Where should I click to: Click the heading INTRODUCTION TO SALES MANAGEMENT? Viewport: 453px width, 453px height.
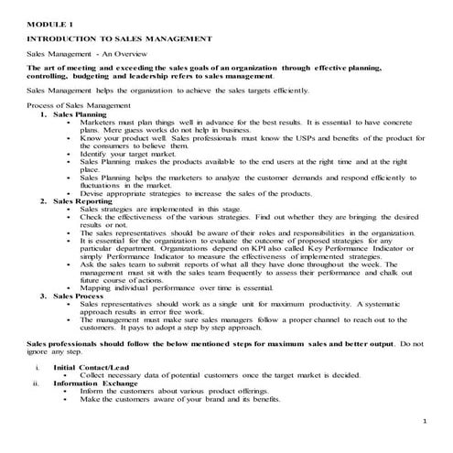(120, 38)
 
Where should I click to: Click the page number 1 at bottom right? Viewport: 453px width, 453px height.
(426, 420)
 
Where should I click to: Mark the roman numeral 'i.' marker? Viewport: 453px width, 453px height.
(37, 367)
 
